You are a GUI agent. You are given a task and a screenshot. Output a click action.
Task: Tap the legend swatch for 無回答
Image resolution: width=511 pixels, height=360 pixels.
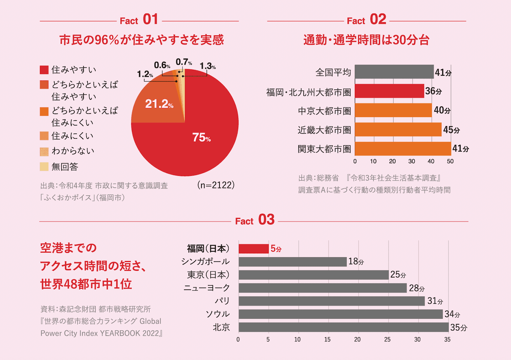tap(44, 167)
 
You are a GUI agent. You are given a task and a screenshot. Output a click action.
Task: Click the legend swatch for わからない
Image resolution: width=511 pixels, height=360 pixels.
tap(44, 152)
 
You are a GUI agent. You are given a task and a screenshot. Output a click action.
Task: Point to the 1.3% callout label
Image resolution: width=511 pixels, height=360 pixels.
tap(208, 66)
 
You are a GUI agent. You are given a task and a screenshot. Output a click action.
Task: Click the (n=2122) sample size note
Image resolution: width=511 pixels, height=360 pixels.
tap(216, 185)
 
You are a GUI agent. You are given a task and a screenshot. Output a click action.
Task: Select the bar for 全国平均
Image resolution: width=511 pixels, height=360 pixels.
tap(394, 72)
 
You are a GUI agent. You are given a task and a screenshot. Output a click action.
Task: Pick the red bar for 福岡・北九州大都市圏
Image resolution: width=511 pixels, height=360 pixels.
tap(389, 91)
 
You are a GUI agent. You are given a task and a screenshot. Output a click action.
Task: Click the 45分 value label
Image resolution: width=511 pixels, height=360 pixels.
tap(451, 130)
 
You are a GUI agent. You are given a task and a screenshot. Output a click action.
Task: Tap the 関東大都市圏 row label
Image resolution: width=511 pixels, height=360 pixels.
tap(324, 149)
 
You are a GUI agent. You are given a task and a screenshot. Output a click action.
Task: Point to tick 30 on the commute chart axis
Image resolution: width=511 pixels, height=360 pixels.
tap(412, 161)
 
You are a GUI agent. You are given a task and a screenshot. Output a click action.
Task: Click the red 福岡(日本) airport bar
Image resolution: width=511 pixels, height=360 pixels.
tap(254, 249)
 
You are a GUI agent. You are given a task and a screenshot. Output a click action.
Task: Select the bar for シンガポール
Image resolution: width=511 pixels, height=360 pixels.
tap(293, 262)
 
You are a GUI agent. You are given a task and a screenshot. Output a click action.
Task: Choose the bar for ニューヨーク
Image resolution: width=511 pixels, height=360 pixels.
tap(323, 288)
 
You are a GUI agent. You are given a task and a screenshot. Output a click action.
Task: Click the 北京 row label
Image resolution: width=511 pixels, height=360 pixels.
tap(221, 327)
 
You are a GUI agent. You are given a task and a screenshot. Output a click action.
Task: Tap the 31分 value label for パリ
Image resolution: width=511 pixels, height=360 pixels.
tap(435, 301)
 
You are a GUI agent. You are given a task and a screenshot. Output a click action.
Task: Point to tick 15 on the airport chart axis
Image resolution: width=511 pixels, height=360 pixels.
tap(328, 340)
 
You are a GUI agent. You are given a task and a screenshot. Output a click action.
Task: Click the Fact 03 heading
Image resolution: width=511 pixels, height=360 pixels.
tap(255, 220)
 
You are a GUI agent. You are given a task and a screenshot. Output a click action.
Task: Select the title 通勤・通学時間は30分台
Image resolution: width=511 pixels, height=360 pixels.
tap(366, 40)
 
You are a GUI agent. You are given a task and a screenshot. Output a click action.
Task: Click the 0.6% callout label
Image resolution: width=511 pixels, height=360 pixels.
tap(162, 65)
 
